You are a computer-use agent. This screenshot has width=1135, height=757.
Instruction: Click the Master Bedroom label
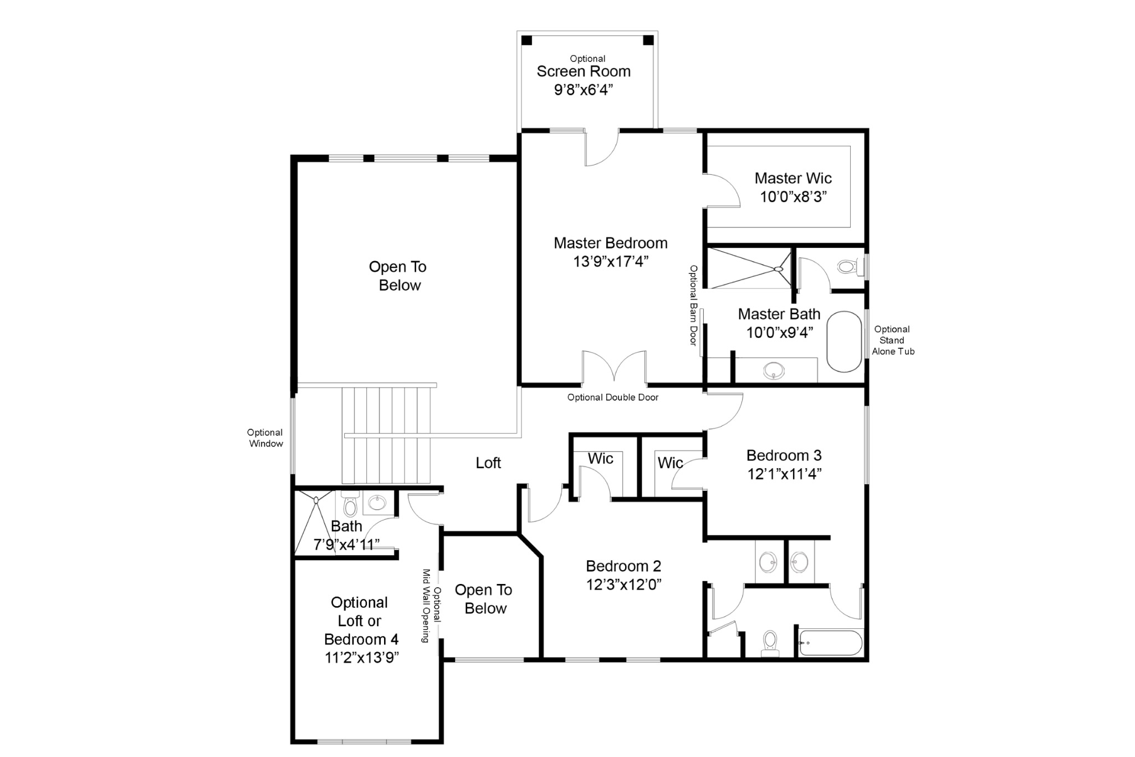610,243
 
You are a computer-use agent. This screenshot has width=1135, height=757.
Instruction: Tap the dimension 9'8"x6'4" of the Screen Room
583,90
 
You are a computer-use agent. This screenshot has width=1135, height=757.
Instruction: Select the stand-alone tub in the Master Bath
844,341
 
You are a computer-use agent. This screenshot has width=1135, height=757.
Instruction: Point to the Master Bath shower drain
778,269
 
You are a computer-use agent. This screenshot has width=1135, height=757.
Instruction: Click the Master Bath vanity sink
774,369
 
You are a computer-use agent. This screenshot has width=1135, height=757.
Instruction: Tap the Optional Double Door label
612,397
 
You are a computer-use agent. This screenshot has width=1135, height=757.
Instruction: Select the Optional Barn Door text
693,305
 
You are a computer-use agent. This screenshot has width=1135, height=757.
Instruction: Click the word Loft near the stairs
488,463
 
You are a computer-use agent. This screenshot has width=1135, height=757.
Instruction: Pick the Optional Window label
265,438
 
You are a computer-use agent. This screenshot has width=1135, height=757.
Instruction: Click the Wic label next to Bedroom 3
669,463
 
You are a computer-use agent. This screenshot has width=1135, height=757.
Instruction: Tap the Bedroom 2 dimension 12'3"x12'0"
623,585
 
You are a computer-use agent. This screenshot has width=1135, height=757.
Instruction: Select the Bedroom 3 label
784,455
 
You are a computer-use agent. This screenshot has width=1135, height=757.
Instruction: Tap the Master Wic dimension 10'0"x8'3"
793,197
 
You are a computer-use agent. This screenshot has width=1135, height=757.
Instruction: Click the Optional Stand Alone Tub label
892,340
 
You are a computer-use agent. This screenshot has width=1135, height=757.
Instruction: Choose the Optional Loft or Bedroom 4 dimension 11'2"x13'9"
361,658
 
